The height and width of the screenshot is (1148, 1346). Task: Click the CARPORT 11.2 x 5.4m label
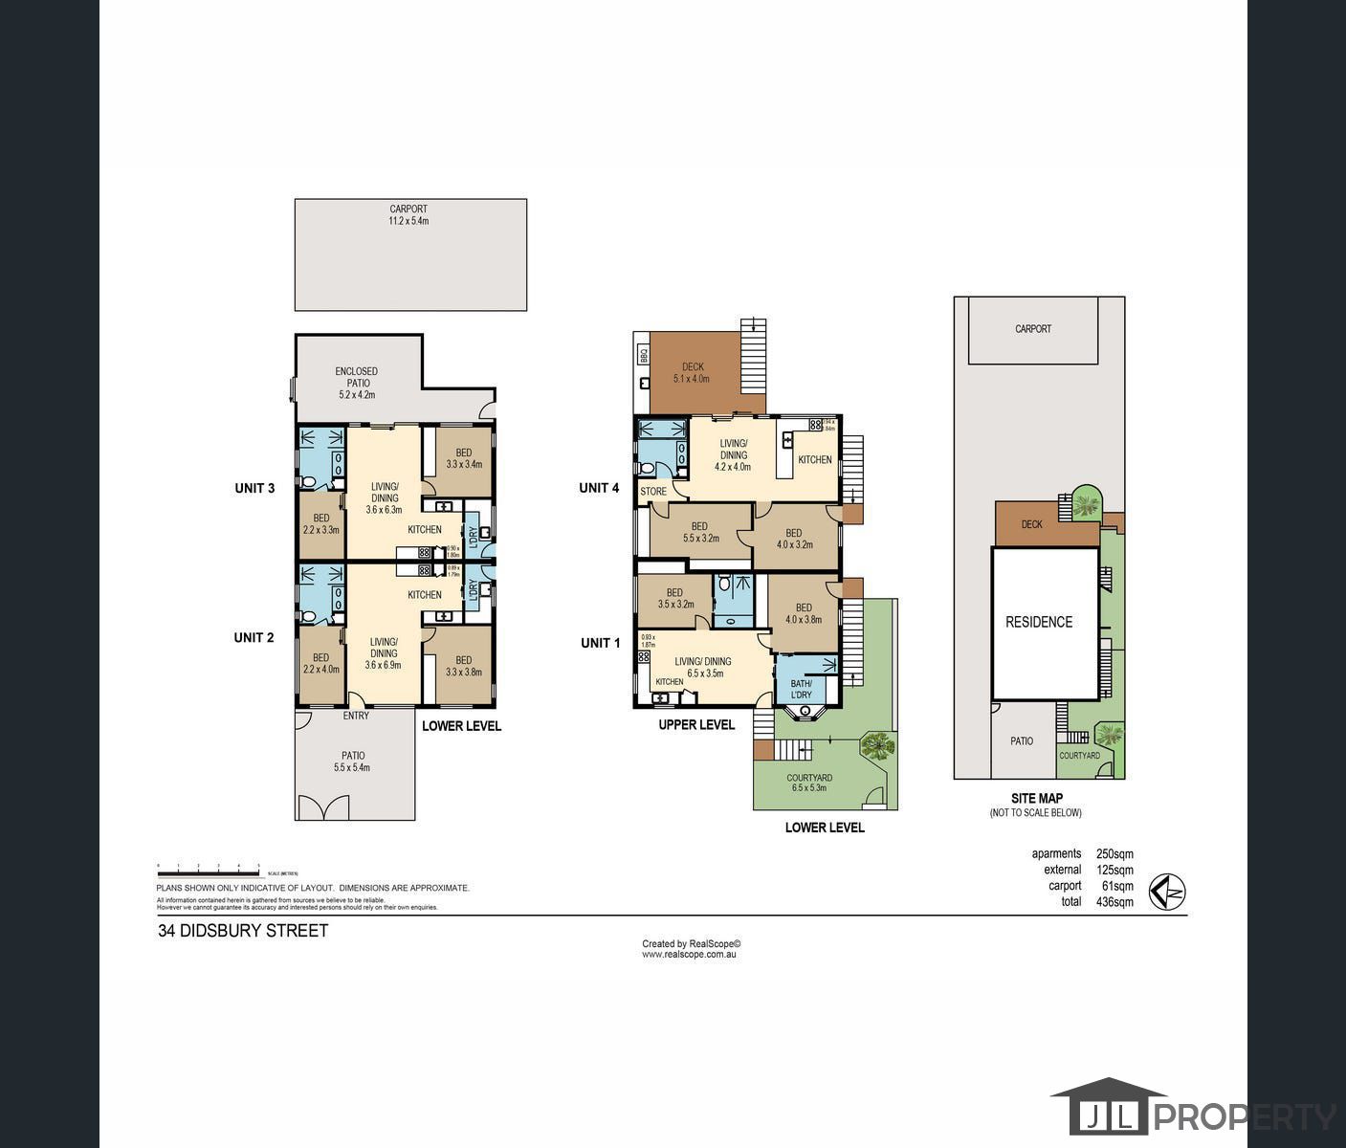coord(408,215)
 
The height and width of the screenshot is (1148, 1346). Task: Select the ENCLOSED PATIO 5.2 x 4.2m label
coord(356,383)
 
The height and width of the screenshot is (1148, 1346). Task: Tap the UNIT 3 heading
coord(254,488)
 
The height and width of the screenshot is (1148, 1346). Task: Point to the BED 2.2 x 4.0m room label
coord(320,663)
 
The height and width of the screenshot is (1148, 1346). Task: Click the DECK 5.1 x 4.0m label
coord(693,372)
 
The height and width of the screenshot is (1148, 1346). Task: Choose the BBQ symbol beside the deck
coord(644,354)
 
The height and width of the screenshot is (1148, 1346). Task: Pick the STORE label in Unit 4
coord(653,492)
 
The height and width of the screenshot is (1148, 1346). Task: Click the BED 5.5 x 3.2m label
coord(699,532)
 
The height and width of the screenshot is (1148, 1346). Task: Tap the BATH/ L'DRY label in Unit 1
coord(801,689)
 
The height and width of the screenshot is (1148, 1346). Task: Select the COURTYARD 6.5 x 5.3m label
coord(809,783)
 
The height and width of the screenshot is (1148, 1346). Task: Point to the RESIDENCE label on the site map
coord(1039,622)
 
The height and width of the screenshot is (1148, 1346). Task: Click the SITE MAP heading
coord(1036,798)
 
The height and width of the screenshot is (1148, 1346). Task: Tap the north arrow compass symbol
coord(1167,893)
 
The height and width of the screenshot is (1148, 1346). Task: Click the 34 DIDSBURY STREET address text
coord(243,931)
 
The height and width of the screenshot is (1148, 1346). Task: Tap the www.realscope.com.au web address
coord(689,954)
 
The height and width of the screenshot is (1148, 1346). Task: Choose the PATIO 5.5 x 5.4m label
coord(353,762)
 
